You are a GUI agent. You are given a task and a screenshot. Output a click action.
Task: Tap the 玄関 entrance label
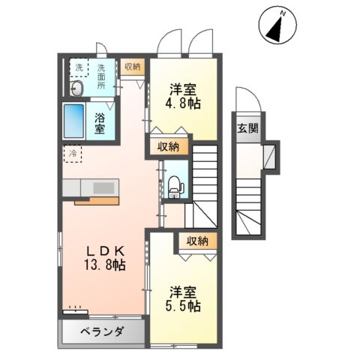248,127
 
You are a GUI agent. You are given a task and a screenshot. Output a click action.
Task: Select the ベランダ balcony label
101,332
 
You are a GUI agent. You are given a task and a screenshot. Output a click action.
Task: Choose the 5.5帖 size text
183,305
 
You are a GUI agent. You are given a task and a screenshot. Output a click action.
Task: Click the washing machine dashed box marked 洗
78,67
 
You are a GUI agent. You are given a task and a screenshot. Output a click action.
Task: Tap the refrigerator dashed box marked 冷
73,154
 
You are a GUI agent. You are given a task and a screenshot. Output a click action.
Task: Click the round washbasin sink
76,89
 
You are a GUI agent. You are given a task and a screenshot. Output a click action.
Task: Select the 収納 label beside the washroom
133,67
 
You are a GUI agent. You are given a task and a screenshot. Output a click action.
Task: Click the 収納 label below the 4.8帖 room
169,146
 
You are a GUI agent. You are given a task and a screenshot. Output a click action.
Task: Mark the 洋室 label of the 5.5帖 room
183,290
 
